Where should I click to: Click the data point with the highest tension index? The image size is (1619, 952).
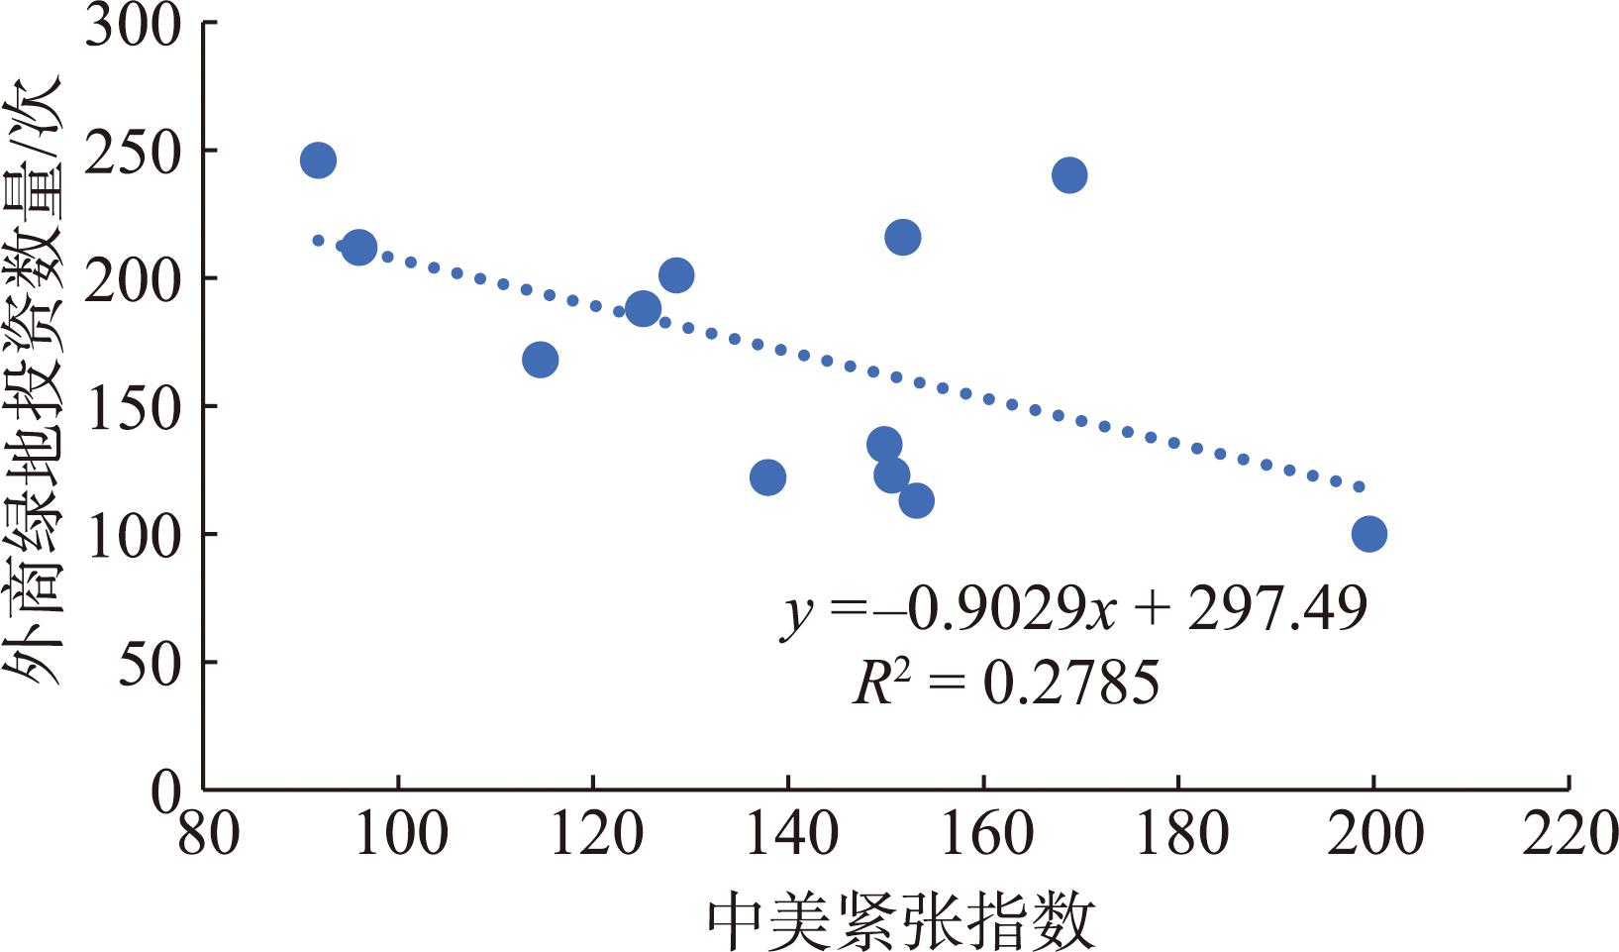(1368, 534)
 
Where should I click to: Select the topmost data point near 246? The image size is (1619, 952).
(318, 160)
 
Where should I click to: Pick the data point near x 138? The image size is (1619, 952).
(767, 477)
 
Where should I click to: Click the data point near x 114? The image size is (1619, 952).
(540, 360)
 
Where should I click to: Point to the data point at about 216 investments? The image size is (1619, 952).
(902, 238)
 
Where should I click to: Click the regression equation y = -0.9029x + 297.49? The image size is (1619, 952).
(1074, 609)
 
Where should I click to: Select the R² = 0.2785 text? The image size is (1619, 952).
(1006, 683)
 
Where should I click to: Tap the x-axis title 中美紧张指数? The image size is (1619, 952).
(901, 921)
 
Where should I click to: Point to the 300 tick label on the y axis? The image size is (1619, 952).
(134, 26)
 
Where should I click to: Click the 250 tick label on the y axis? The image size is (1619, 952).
(134, 152)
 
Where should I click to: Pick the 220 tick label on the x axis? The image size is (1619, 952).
(1569, 835)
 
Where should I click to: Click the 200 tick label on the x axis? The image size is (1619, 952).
(1375, 835)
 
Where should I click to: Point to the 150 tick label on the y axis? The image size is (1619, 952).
(134, 407)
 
